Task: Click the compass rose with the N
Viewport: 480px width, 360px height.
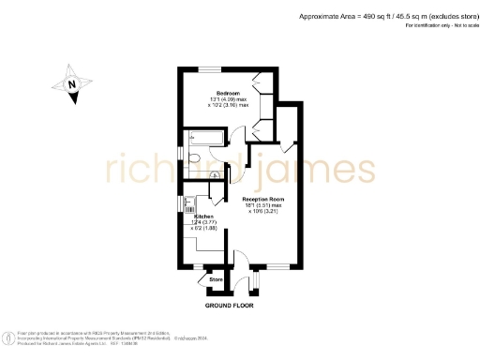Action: (75, 84)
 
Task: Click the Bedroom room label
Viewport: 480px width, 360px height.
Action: (229, 94)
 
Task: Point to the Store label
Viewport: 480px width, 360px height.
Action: (215, 279)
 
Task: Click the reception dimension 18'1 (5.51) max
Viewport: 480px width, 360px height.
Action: (263, 206)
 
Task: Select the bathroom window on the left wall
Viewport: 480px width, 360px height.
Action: (180, 152)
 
